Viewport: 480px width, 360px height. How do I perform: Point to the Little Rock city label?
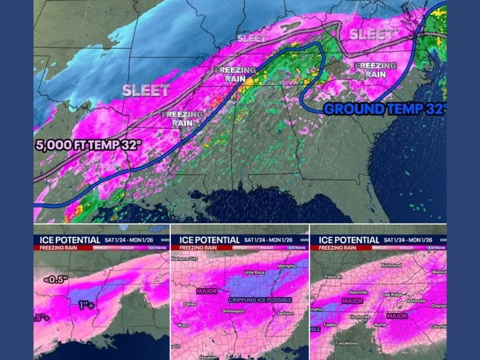(x=254, y=272)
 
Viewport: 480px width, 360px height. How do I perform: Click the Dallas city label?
(x=190, y=304)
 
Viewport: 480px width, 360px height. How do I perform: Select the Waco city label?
(x=184, y=325)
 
